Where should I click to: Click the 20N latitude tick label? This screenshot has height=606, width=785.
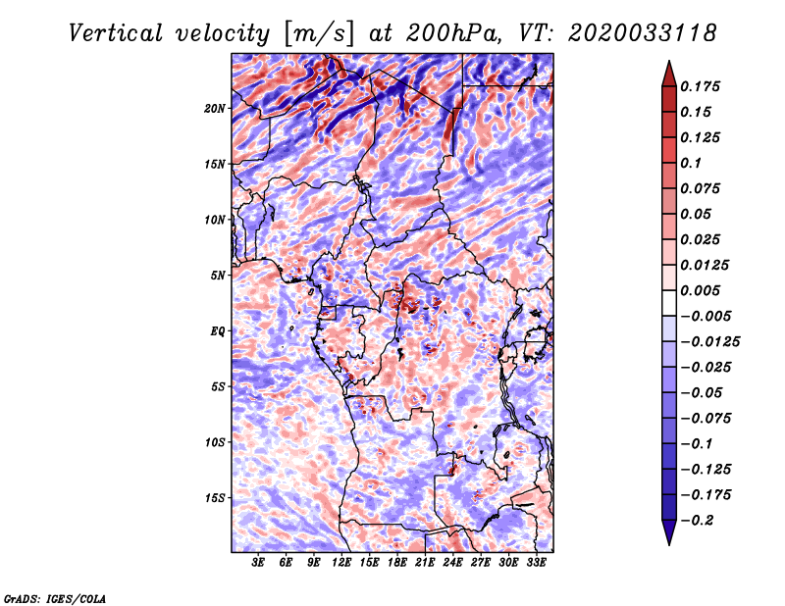216,108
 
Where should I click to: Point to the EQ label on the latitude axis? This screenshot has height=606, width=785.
218,330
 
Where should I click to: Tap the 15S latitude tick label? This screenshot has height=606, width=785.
216,497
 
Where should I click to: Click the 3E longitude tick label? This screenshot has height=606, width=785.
259,563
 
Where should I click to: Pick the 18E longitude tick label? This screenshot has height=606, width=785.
397,563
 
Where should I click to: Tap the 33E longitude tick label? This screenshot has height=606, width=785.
536,563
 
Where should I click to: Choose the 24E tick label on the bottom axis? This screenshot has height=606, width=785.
452,563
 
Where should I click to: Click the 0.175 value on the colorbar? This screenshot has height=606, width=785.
703,86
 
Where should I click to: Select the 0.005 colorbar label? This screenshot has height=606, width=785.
703,290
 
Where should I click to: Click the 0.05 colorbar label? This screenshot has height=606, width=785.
699,214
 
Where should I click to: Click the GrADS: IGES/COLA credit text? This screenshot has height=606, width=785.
54,597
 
